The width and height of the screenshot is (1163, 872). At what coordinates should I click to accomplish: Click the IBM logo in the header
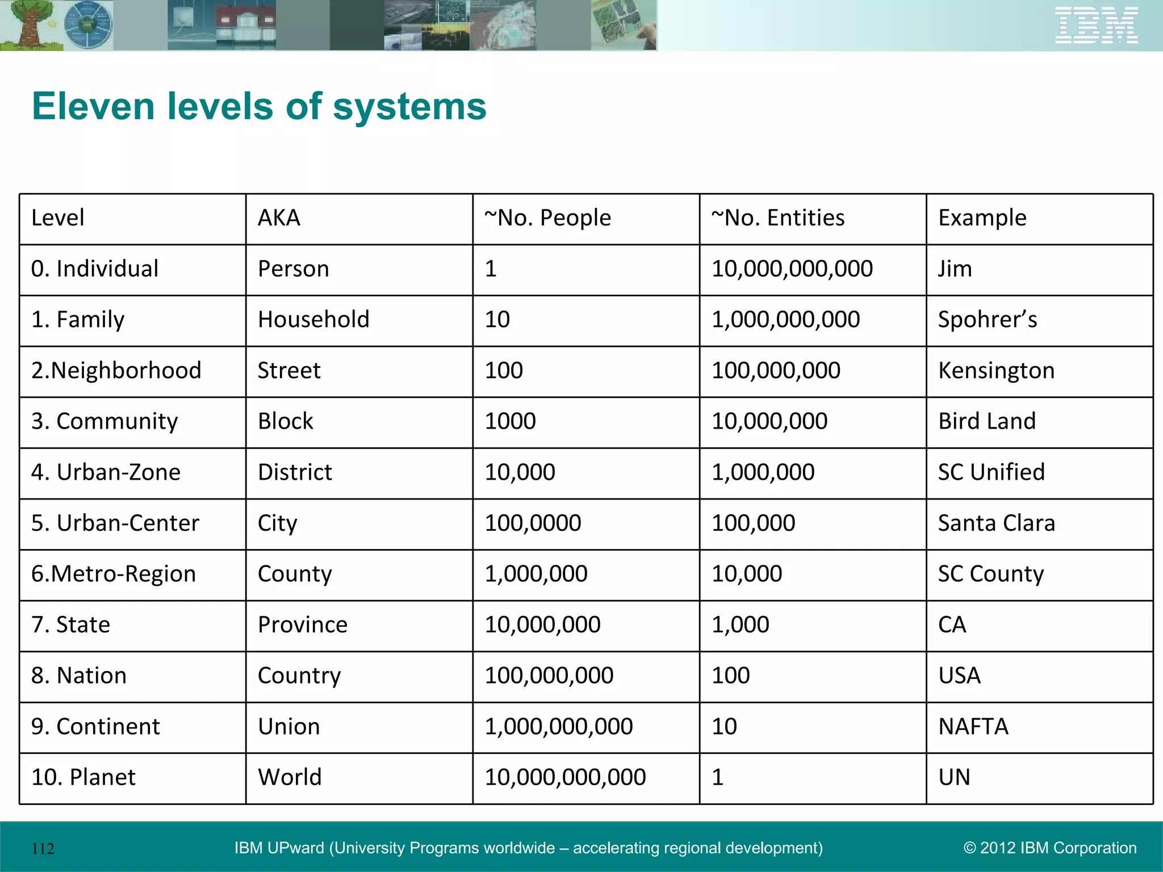tap(1096, 25)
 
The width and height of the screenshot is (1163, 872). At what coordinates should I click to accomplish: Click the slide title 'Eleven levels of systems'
tap(259, 106)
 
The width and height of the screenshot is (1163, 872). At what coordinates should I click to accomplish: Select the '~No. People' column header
tap(547, 218)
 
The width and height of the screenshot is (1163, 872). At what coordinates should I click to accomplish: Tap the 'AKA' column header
tap(279, 218)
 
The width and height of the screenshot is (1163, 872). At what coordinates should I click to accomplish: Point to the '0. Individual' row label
tap(95, 269)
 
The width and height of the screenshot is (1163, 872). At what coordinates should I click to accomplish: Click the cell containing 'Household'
tap(313, 320)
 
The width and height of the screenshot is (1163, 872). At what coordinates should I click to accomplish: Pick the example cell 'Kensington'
tap(996, 371)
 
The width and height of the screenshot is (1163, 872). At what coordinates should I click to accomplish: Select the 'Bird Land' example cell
tap(987, 421)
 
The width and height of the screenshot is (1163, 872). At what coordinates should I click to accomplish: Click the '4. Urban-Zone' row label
tap(106, 472)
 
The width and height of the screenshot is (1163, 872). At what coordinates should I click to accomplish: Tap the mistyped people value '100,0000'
tap(533, 523)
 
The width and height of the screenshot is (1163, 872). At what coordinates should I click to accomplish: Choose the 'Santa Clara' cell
tap(996, 523)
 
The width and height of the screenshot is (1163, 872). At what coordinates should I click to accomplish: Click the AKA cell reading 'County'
tap(295, 574)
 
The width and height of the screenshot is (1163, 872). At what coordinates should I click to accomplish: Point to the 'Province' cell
tap(302, 624)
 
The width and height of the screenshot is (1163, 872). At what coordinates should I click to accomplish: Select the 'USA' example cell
tap(959, 676)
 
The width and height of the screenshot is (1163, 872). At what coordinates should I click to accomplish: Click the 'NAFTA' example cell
tap(973, 727)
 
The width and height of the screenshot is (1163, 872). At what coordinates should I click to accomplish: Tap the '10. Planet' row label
tap(83, 777)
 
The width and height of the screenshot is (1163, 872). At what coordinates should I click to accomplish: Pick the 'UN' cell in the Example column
tap(954, 777)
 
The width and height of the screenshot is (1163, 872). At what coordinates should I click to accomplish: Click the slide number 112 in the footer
tap(43, 849)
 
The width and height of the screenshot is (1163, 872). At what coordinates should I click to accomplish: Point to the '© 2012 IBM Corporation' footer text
tap(1050, 848)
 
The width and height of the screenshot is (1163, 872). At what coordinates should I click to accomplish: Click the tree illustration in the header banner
tap(26, 24)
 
